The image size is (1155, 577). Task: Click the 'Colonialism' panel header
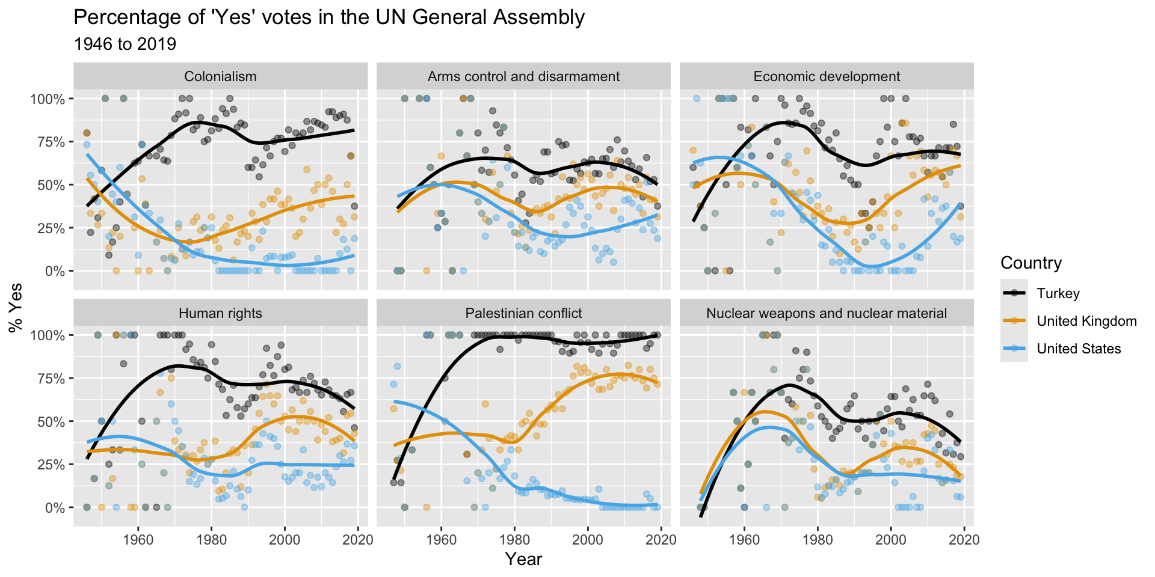pos(220,76)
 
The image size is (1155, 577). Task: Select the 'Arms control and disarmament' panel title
pos(523,76)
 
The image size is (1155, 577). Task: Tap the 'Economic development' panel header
pos(827,76)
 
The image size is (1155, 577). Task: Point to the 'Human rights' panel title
pos(220,313)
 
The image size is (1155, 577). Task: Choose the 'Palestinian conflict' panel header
pos(523,313)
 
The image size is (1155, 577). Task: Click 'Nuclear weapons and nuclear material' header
pos(827,313)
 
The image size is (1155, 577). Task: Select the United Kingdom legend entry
pos(1086,321)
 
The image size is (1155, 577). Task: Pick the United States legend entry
pos(1079,349)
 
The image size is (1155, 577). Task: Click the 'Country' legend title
pos(1030,263)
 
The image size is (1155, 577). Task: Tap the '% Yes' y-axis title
pos(16,307)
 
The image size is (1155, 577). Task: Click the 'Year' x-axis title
pos(523,560)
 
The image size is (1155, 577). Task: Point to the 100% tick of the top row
pos(47,99)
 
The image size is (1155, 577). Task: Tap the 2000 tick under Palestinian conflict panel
pos(588,540)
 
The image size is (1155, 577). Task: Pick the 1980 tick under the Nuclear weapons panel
pos(818,540)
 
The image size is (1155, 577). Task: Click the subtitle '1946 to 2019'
pos(125,44)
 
